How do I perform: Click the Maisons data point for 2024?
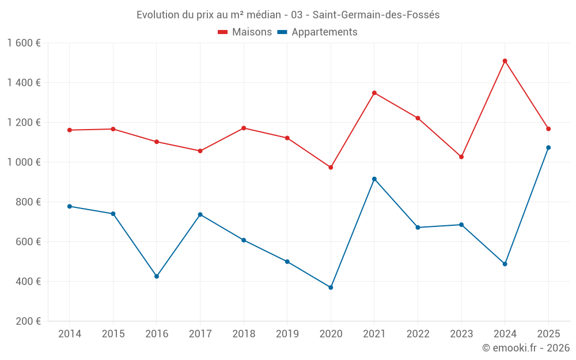coord(505,61)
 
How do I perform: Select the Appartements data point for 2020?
coord(331,287)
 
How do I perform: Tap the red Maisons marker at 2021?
coord(374,93)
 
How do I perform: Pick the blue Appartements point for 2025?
coord(548,147)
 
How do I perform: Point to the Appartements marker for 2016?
coord(157,276)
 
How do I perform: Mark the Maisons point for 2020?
coord(331,168)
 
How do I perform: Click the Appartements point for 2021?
coord(374,179)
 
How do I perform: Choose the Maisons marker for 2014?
coord(70,130)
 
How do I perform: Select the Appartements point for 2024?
coord(505,264)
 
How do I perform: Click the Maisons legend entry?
coord(245,32)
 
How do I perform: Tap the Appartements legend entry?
coord(317,32)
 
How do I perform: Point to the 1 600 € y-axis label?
coord(24,43)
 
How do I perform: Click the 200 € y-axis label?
coord(29,321)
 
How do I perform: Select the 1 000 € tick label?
coord(24,162)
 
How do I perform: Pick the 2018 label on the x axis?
coord(244,334)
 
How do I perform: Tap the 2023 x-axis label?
coord(461,334)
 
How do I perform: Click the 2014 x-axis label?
coord(70,334)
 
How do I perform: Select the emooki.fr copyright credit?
coord(526,348)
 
